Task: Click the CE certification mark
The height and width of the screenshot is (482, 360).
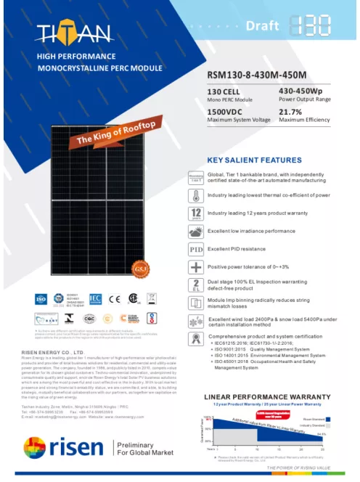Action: [x=115, y=298]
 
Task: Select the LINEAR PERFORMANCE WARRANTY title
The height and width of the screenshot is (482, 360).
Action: [x=269, y=396]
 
